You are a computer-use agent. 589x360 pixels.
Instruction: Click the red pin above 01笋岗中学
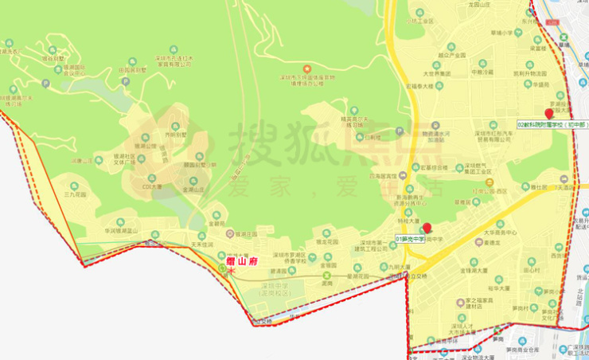coord(427,228)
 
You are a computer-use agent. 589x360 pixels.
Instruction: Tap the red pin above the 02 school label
coord(548,114)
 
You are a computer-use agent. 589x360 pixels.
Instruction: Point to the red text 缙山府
coord(239,260)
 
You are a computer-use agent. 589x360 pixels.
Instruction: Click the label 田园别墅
coord(133,70)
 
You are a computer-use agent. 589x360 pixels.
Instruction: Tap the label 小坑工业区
coord(419,22)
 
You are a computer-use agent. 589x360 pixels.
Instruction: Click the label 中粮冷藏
coord(482,72)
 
